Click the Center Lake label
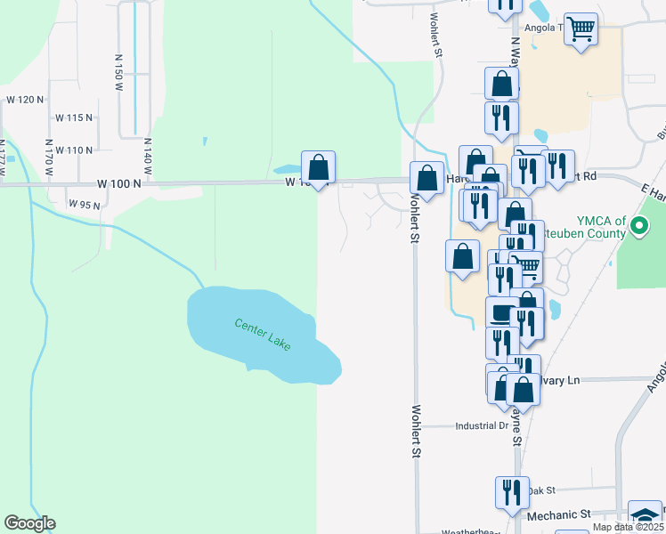(x=263, y=334)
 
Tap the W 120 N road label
(x=25, y=100)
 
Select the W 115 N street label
(x=74, y=117)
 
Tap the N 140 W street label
(x=148, y=158)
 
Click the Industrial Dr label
(x=481, y=426)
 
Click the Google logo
(x=29, y=523)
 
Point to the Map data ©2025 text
(x=629, y=527)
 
